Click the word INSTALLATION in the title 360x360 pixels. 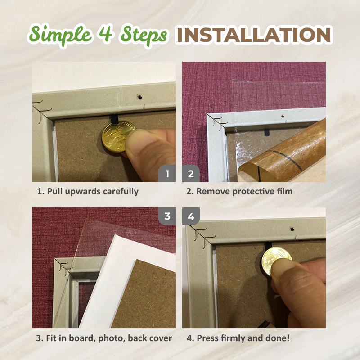254,35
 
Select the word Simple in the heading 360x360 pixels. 60,35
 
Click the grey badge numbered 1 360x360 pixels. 167,174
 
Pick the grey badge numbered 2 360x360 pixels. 191,174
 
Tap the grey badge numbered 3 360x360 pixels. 167,216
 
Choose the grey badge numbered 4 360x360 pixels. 191,216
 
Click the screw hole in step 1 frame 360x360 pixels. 139,97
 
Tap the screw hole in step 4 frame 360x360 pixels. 292,229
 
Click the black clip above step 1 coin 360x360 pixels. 114,120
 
